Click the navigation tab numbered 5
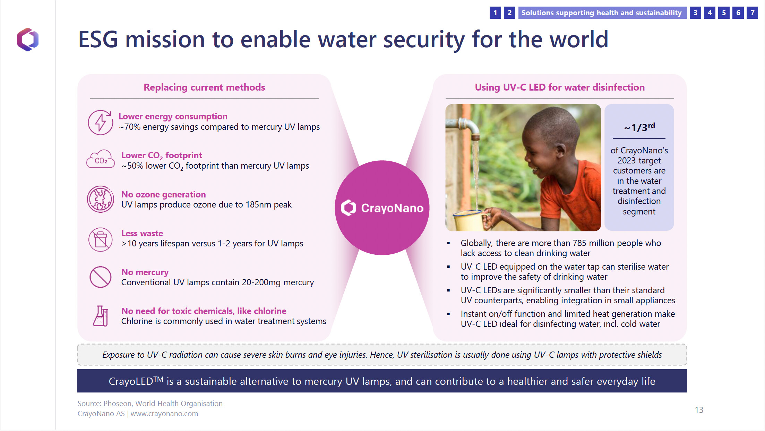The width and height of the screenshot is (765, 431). coord(724,13)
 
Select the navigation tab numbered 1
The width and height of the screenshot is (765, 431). coord(495,13)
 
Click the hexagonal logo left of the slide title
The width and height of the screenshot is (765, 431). coord(28,40)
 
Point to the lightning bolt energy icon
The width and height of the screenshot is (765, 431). coord(100,122)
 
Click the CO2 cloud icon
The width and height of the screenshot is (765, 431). coord(101,160)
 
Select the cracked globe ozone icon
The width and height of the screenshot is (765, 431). coord(101,199)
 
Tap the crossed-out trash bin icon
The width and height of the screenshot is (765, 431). coord(101,239)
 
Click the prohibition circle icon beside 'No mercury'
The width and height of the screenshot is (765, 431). coord(101,277)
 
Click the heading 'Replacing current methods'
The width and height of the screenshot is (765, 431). coord(204,87)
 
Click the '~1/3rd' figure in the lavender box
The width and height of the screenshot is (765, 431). coord(639,127)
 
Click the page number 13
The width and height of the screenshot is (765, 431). coord(699,410)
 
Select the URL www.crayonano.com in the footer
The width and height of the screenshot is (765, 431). coord(164,414)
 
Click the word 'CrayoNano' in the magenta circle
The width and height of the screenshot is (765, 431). coord(392,208)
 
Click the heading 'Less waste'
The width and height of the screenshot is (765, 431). coord(142,233)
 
